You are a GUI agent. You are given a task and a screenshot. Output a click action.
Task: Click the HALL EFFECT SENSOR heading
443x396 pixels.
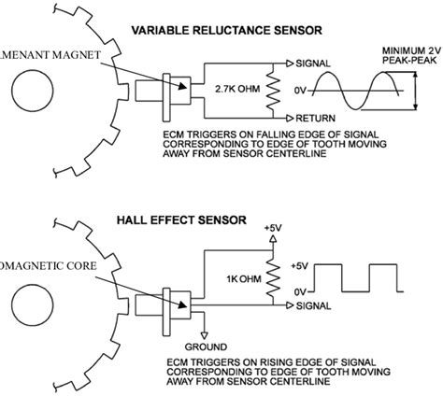pos(181,221)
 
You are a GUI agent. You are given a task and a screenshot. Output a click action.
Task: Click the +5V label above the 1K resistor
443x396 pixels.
pos(272,226)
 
